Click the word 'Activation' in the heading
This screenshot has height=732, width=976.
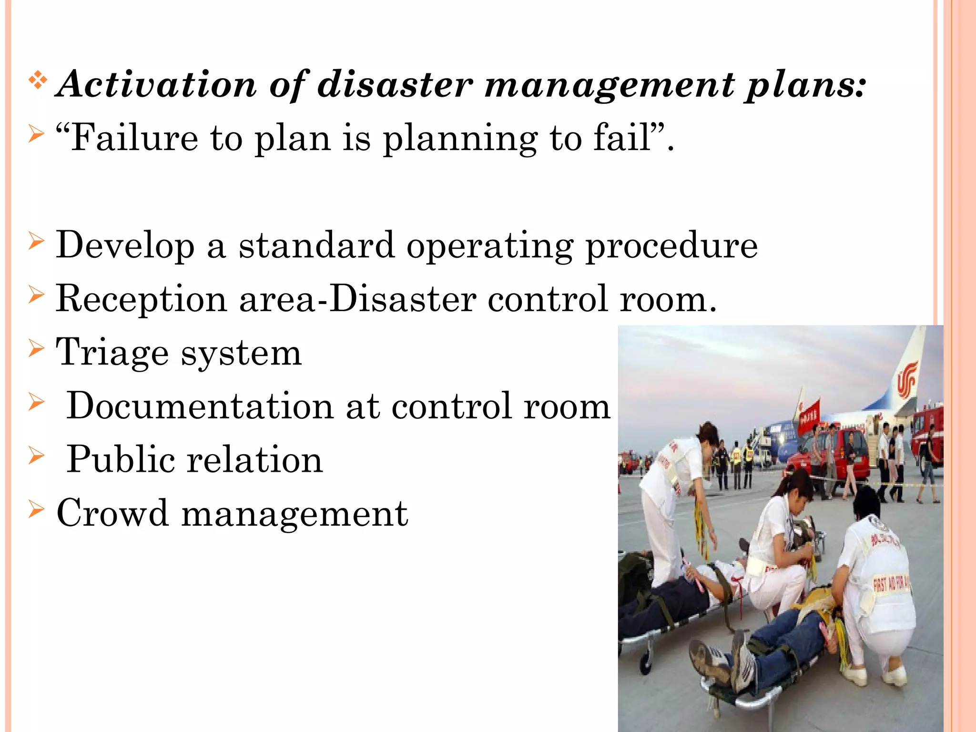click(x=156, y=85)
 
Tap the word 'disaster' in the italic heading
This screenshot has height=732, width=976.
click(x=395, y=85)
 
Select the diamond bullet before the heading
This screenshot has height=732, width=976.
click(x=37, y=81)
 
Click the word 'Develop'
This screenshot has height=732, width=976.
click(x=125, y=246)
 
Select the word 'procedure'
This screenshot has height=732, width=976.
click(x=671, y=246)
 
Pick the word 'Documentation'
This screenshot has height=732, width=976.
click(x=200, y=406)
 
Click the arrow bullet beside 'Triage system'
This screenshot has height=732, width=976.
click(x=36, y=348)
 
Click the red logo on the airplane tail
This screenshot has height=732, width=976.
click(x=906, y=379)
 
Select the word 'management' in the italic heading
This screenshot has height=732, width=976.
click(x=610, y=85)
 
